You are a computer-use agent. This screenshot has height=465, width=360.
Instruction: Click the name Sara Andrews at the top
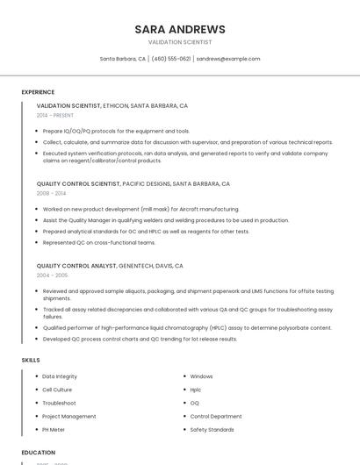tap(179, 29)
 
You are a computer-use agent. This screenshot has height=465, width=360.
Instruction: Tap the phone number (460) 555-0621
tap(170, 59)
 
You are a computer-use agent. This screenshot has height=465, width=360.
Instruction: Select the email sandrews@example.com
tap(228, 59)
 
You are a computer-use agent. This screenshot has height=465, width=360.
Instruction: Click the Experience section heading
tap(38, 91)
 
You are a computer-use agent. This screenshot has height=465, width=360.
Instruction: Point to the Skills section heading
tap(31, 360)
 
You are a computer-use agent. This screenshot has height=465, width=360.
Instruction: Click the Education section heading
tap(38, 453)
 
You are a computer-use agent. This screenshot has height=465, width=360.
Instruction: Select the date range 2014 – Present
tap(55, 115)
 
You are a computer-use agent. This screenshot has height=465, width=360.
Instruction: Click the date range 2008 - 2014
tap(51, 193)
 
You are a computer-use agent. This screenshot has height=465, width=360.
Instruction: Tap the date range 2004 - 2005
tap(52, 275)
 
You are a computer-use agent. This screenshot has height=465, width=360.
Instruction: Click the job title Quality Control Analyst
tap(76, 265)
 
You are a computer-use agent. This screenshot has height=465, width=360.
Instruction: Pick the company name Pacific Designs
tap(146, 184)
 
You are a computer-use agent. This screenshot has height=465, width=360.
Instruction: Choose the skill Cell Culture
tap(57, 390)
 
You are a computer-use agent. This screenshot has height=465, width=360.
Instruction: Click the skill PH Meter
tap(54, 430)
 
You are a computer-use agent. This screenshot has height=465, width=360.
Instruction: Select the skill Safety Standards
tap(212, 430)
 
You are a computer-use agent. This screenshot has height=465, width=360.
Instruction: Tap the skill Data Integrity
tap(60, 376)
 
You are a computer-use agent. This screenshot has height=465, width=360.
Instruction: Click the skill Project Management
tap(69, 417)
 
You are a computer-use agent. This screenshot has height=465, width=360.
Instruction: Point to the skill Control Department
tap(216, 417)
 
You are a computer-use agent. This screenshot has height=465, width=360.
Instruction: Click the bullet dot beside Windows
tap(184, 376)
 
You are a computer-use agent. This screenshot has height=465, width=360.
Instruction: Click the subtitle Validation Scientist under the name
tap(179, 42)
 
